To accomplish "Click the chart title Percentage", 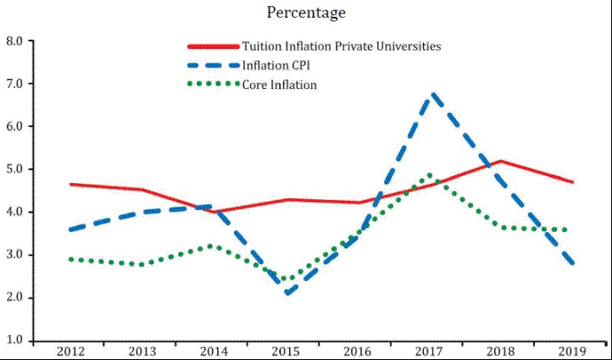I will coord(306,13).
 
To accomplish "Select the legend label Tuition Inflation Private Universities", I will coord(341,46).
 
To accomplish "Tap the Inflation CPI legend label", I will coord(279,65).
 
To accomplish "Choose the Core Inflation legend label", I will coord(279,85).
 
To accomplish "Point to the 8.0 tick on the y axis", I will coord(14,41).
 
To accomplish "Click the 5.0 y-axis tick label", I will coord(14,169).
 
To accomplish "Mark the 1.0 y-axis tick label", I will coord(14,341).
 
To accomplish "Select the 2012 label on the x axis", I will coord(70,352).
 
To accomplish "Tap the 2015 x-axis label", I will coord(287,352).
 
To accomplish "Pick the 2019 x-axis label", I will coord(575,352).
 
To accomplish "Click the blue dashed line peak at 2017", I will coord(432,94).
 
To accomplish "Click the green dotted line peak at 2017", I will coord(431,175).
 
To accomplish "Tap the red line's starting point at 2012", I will coord(71,184).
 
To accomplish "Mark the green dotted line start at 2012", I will coord(71,259).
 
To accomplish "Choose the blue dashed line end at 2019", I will coord(575,263).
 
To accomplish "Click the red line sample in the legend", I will coord(213,47).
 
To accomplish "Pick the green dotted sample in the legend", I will coord(213,85).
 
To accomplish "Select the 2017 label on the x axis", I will coord(431,352).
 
